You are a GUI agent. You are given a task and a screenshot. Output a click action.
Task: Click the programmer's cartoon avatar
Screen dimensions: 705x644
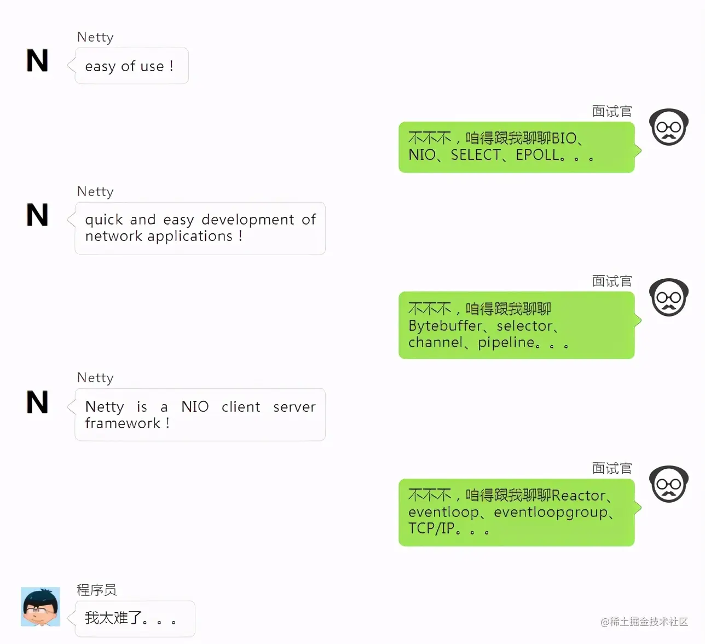41,607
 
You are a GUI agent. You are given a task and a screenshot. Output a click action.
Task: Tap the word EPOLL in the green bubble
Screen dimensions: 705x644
538,155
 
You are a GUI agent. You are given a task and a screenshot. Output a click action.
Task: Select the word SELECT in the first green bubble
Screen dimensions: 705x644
475,155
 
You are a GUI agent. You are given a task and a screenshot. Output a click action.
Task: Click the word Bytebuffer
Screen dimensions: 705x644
445,326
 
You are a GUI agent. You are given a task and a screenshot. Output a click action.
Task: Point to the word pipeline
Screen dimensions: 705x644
506,343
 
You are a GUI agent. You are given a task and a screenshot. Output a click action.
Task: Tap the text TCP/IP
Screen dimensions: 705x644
431,528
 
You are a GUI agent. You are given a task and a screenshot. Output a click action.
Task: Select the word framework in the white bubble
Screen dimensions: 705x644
123,423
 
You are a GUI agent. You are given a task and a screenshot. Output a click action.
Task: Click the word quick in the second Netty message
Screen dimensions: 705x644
104,220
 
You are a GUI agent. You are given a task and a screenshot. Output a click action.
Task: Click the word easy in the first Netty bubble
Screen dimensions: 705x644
100,67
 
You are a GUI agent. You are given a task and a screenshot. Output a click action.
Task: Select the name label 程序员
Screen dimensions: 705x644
96,590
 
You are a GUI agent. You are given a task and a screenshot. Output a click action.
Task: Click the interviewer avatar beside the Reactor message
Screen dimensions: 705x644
668,484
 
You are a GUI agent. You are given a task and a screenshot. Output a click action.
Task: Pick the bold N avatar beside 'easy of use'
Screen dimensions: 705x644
37,61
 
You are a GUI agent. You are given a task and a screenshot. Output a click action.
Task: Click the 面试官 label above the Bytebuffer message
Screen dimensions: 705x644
612,281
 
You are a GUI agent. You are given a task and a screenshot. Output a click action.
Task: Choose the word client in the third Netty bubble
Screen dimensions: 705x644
241,407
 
